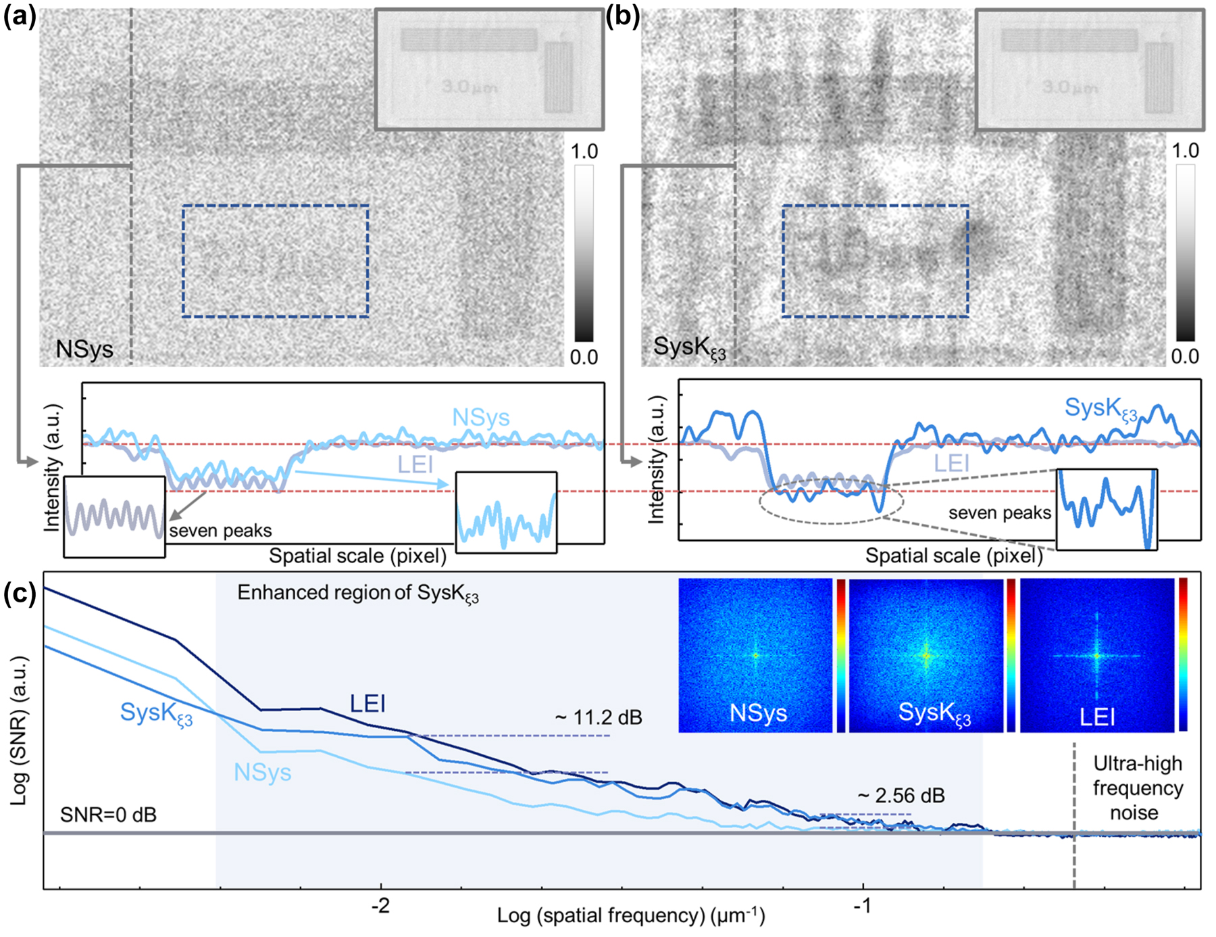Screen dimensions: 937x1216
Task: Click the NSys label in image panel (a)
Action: [x=84, y=350]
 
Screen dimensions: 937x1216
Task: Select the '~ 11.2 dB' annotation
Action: [x=598, y=717]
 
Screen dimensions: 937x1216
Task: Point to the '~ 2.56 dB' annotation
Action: [x=901, y=796]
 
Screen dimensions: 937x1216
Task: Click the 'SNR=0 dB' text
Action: [x=108, y=815]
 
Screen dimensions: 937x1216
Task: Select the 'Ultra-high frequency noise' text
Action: [x=1138, y=788]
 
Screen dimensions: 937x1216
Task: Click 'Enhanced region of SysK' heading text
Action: [x=358, y=594]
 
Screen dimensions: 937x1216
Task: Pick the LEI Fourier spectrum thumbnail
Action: [x=1096, y=655]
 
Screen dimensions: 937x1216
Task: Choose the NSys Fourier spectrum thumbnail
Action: [x=755, y=655]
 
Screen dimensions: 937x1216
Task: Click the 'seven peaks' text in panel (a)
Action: [x=220, y=531]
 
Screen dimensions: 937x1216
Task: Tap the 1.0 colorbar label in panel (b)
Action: [x=1185, y=150]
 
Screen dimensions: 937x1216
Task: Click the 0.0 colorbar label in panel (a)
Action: [x=584, y=357]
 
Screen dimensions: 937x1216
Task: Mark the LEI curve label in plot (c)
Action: [x=368, y=704]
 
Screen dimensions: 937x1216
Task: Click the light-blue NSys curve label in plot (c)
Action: [x=262, y=773]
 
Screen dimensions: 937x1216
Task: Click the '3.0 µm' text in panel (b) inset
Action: [x=1069, y=87]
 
